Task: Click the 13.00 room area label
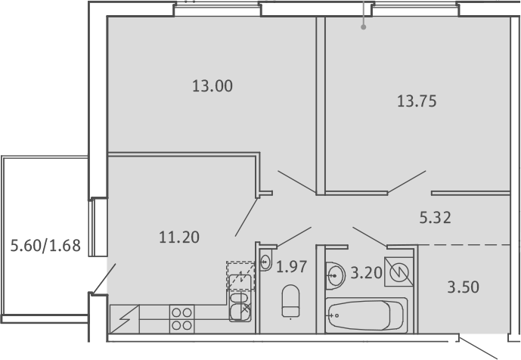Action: pyautogui.click(x=212, y=86)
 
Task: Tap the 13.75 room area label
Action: pyautogui.click(x=417, y=101)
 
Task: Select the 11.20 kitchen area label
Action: pyautogui.click(x=179, y=237)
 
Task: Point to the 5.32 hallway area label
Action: pyautogui.click(x=436, y=218)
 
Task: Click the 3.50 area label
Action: pyautogui.click(x=464, y=287)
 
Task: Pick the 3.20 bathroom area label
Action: pyautogui.click(x=366, y=273)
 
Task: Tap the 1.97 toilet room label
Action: pyautogui.click(x=291, y=267)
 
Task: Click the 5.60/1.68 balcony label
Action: pyautogui.click(x=45, y=246)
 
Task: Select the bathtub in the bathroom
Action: pyautogui.click(x=366, y=315)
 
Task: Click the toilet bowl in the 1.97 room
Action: pyautogui.click(x=290, y=301)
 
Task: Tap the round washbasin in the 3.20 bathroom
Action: pyautogui.click(x=334, y=275)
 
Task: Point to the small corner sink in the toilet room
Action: pyautogui.click(x=265, y=262)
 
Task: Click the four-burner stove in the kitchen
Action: pyautogui.click(x=182, y=319)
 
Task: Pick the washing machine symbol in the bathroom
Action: pyautogui.click(x=399, y=272)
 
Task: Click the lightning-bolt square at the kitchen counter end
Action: pyautogui.click(x=125, y=319)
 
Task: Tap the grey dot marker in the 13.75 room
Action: pyautogui.click(x=364, y=27)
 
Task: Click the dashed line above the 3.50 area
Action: pyautogui.click(x=464, y=245)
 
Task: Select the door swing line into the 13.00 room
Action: pyautogui.click(x=296, y=182)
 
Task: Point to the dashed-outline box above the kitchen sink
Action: pyautogui.click(x=240, y=275)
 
